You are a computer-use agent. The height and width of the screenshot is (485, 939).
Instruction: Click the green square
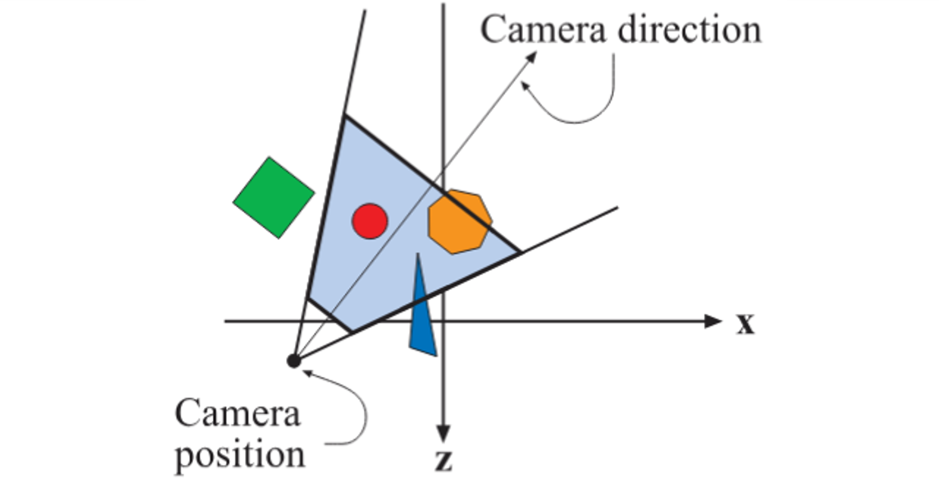click(273, 198)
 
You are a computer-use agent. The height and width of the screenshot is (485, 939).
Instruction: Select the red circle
click(370, 221)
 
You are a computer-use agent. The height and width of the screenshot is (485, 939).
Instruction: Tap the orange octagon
click(459, 221)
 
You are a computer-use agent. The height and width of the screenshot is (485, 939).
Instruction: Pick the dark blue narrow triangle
click(422, 315)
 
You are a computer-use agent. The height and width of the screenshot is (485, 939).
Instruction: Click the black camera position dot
click(294, 360)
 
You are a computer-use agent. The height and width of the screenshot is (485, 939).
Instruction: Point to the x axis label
click(745, 325)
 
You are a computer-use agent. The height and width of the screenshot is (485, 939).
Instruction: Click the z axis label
click(444, 462)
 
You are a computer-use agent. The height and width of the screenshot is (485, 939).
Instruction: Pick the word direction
click(690, 30)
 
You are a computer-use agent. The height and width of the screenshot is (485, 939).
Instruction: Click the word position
click(240, 455)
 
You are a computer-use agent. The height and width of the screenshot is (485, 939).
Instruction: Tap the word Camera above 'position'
click(237, 414)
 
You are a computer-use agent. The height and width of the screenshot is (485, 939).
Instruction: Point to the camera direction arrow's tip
click(535, 53)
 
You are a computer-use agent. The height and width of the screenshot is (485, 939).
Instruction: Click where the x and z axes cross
click(444, 321)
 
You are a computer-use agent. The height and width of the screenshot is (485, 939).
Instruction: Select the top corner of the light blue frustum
click(344, 116)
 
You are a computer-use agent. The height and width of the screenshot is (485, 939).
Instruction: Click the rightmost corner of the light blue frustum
click(521, 252)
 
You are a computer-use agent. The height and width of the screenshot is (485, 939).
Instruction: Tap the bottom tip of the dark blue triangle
click(436, 356)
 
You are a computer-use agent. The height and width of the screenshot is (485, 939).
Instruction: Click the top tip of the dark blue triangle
click(417, 254)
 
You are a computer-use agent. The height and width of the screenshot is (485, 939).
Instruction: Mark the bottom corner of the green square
click(279, 238)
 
